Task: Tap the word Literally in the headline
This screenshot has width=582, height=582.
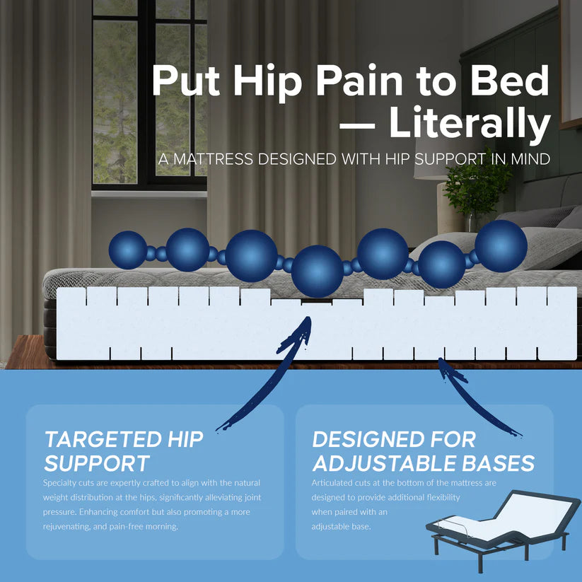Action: point(469,124)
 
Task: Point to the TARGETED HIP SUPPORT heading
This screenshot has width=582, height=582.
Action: point(123,450)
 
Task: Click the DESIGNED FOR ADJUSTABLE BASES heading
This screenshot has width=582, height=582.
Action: point(423,450)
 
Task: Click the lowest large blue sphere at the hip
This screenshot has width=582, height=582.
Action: point(318,271)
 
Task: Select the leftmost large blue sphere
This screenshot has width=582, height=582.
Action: point(128,250)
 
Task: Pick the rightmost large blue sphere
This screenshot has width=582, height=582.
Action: point(501,245)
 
